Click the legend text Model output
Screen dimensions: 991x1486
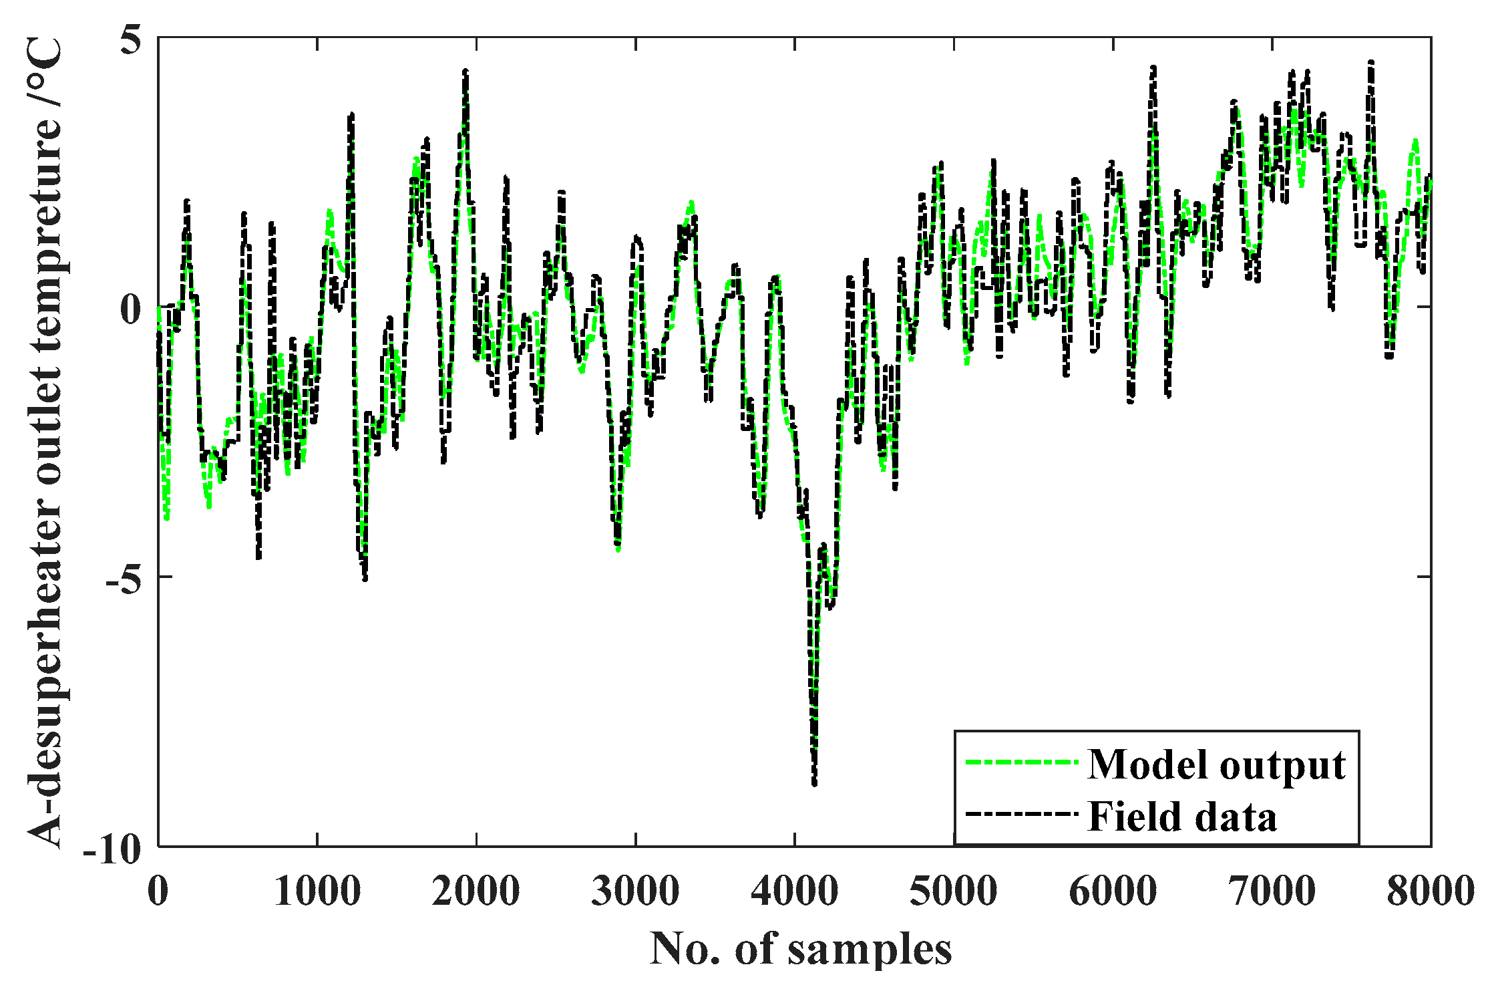(1216, 764)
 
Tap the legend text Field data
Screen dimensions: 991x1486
(1182, 816)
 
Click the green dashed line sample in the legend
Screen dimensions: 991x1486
(1021, 762)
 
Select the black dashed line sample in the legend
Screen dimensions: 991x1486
(1021, 815)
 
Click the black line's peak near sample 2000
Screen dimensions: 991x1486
(466, 71)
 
